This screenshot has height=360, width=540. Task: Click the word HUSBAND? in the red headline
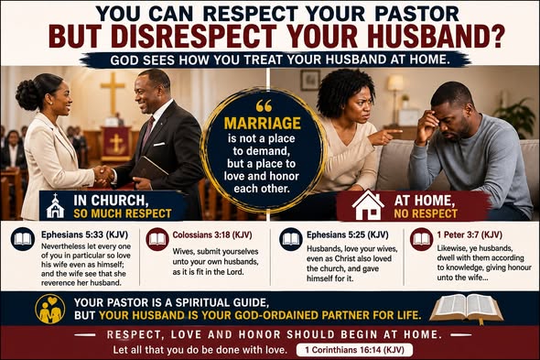[x=436, y=36]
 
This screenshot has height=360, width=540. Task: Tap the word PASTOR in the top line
[x=416, y=14]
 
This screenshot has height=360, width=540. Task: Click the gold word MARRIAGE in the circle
[x=263, y=123]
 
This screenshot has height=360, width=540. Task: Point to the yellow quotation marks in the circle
[x=264, y=106]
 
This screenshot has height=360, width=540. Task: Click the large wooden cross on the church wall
[x=113, y=93]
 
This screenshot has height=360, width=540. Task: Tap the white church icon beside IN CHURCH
[x=55, y=206]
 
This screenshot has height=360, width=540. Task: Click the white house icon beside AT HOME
[x=368, y=205]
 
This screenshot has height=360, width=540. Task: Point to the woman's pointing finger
[x=394, y=132]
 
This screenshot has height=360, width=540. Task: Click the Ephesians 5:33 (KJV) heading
[x=84, y=235]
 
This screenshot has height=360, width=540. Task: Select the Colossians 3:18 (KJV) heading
[x=212, y=235]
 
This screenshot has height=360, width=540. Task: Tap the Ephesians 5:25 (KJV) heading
[x=348, y=235]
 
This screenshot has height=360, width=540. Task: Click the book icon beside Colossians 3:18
[x=157, y=239]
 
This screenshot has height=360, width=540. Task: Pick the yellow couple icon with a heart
[x=50, y=309]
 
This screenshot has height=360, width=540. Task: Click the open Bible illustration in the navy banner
[x=466, y=309]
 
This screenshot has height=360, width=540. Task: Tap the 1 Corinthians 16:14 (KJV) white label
[x=354, y=350]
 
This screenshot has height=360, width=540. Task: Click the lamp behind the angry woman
[x=395, y=93]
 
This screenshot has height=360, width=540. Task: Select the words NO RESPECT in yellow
[x=426, y=213]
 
